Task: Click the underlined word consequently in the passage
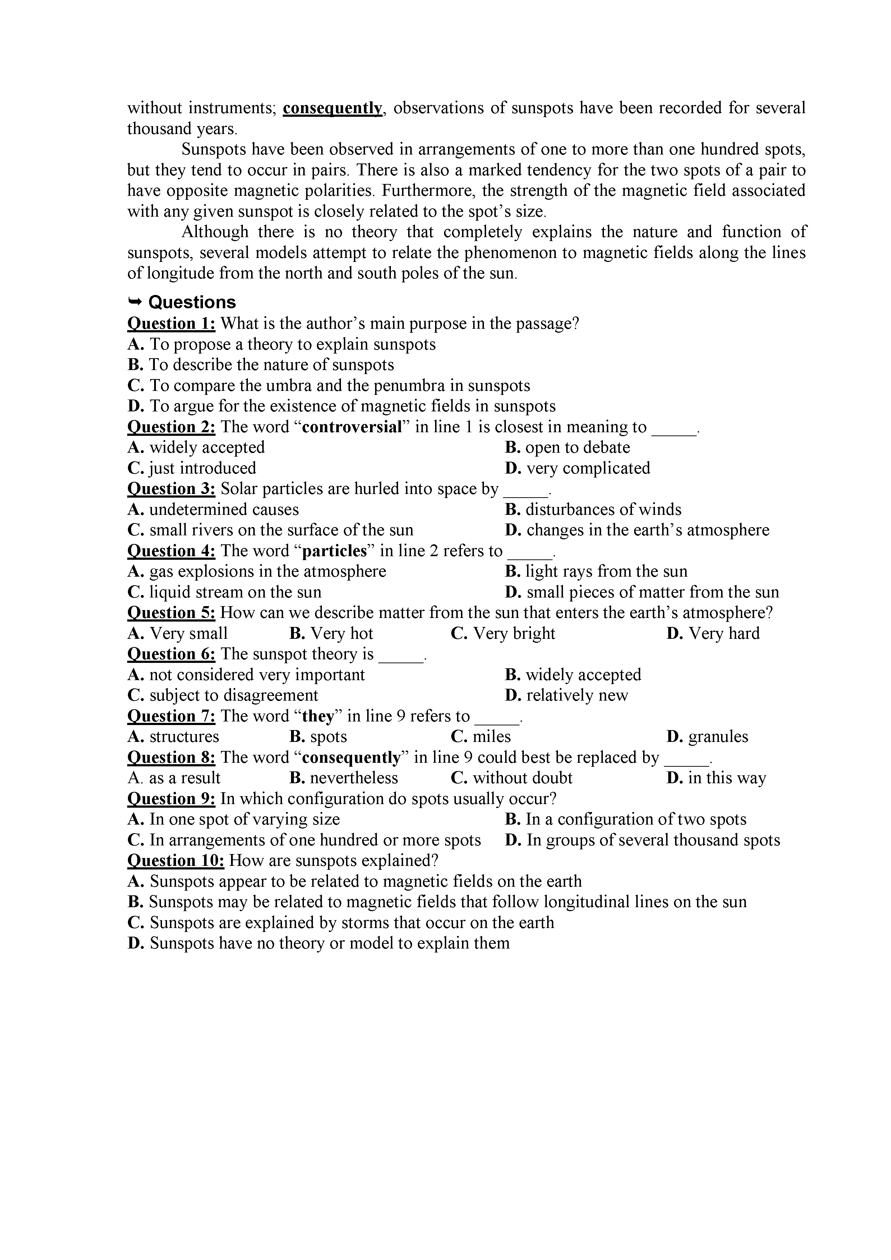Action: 332,108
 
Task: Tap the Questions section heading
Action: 192,303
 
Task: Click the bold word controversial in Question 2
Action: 352,427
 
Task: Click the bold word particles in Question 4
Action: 334,551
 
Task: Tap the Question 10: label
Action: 176,860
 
